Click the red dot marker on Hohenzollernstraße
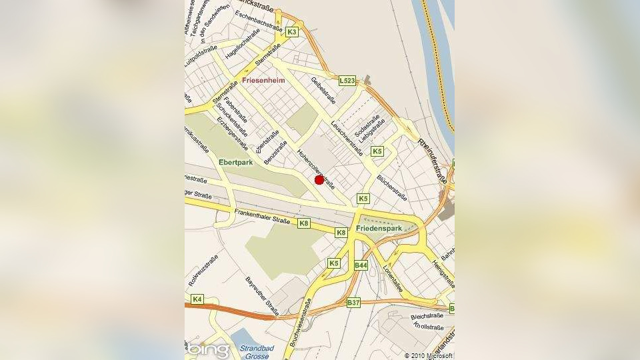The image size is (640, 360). click(x=319, y=179)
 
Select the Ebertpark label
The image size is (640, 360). click(x=235, y=162)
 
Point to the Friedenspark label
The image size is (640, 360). click(x=379, y=228)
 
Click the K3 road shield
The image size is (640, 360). click(x=292, y=31)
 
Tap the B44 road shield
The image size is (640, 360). click(x=361, y=265)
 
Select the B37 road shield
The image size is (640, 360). click(x=354, y=302)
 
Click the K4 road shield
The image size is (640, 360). click(x=197, y=299)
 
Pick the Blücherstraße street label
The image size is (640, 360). click(x=393, y=187)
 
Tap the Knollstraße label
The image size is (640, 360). click(x=428, y=327)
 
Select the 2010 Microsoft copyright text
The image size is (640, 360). click(x=429, y=355)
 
